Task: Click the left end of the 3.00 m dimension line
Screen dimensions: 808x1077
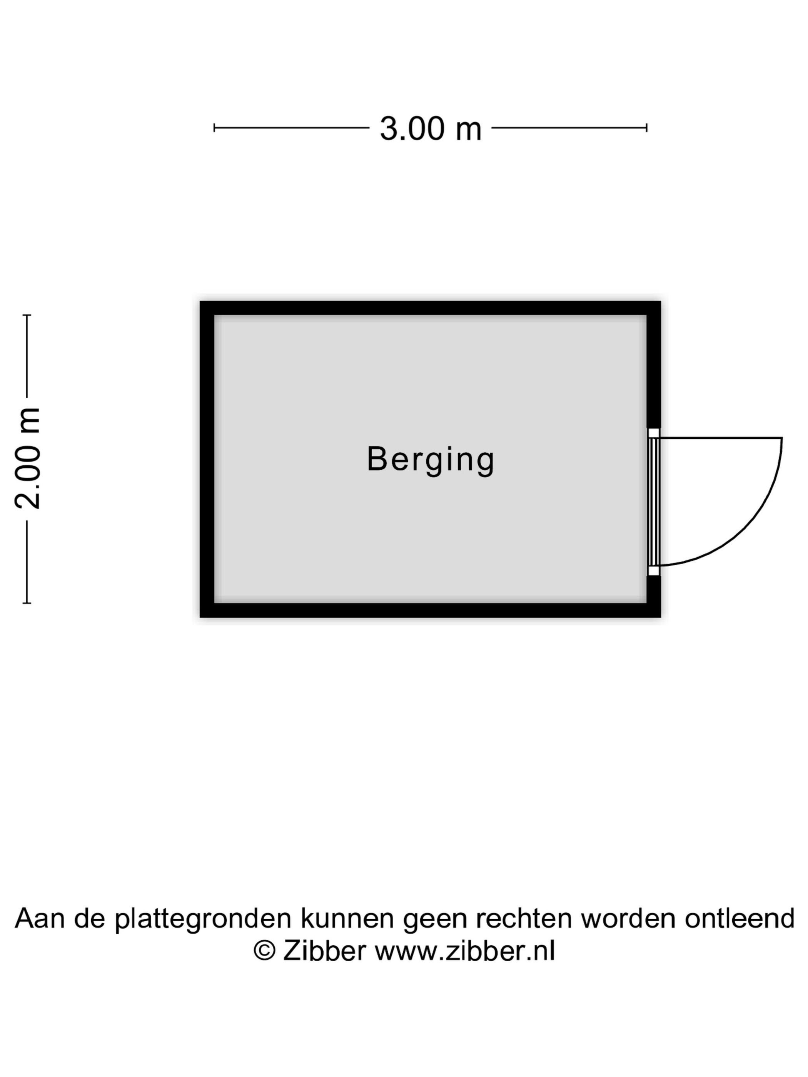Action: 214,128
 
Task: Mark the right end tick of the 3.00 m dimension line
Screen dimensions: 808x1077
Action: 647,128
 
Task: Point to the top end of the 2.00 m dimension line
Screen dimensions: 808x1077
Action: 27,315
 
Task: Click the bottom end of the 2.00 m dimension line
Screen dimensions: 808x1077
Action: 27,603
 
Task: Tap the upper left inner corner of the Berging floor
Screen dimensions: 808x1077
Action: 215,315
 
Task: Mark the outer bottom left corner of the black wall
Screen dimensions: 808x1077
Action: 200,617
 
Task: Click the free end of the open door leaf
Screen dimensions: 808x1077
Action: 782,438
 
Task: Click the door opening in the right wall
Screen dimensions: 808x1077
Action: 654,502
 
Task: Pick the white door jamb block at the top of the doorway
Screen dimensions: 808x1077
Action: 654,433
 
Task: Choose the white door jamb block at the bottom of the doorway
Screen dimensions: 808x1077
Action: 654,571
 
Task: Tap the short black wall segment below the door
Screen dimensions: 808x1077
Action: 654,590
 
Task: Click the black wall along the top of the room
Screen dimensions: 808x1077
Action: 431,308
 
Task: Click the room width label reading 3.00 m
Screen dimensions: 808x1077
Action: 431,129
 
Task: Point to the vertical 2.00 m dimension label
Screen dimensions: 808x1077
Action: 28,458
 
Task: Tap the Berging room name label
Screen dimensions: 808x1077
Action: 431,460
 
